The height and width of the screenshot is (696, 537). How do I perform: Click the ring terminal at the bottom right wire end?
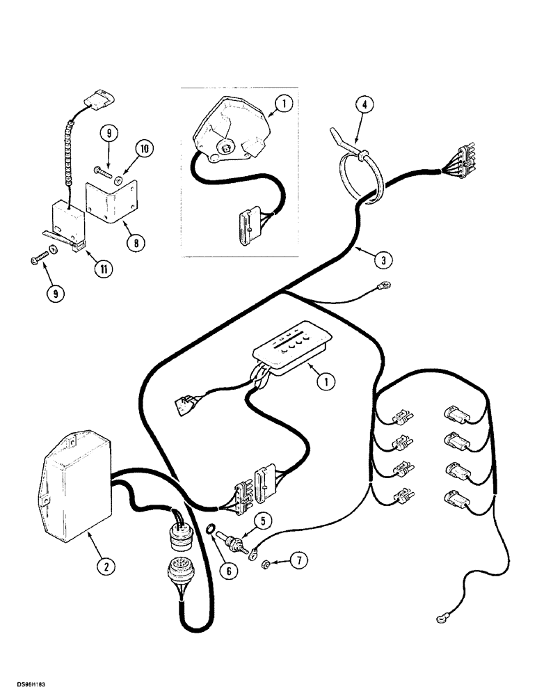click(442, 615)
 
